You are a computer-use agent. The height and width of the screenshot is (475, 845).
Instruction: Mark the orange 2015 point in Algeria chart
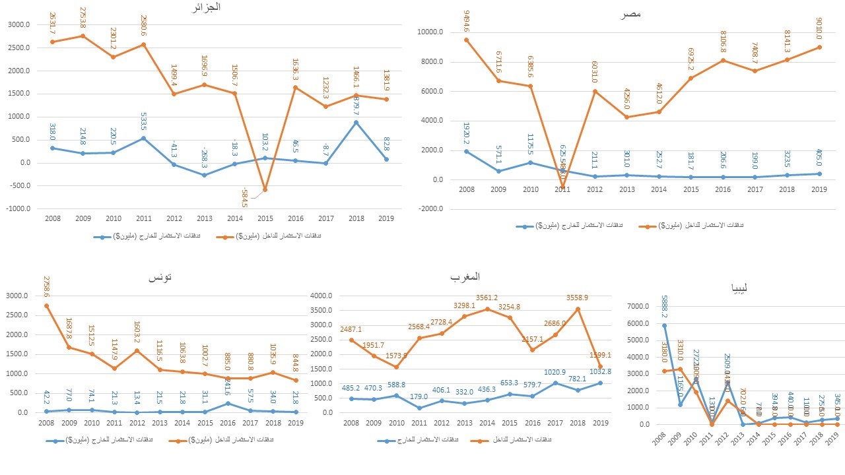pos(265,189)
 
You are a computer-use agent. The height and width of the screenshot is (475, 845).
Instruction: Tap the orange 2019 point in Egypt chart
pos(820,47)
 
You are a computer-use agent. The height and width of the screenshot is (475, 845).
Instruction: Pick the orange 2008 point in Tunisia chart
pos(46,305)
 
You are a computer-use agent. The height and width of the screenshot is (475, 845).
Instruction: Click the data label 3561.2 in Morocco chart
pos(487,298)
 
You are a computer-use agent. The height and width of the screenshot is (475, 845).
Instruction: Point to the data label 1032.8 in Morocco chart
pos(600,371)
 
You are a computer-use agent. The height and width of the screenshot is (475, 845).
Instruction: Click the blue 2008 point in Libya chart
pos(664,325)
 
